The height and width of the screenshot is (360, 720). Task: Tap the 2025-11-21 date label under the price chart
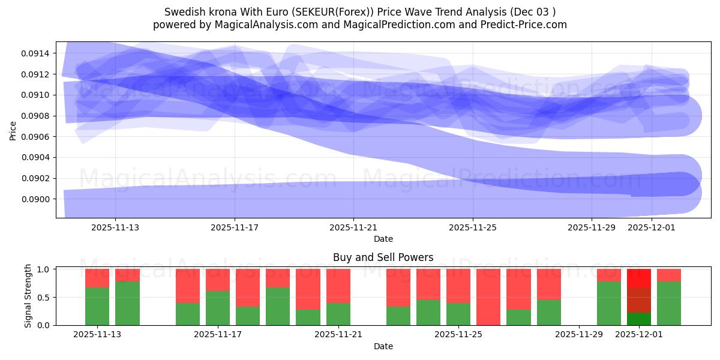pyautogui.click(x=353, y=227)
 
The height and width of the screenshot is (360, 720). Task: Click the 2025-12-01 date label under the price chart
pyautogui.click(x=651, y=227)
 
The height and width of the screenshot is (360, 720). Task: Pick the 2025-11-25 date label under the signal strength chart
pyautogui.click(x=458, y=335)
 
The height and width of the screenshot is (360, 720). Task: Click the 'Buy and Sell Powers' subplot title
pyautogui.click(x=383, y=257)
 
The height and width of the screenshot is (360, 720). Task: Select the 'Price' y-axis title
pyautogui.click(x=13, y=130)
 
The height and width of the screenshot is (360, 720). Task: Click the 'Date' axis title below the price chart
pyautogui.click(x=383, y=239)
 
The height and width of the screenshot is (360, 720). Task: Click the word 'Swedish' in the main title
pyautogui.click(x=182, y=12)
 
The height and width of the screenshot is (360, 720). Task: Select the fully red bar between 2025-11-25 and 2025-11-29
pyautogui.click(x=488, y=297)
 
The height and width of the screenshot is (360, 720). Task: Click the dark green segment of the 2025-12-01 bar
pyautogui.click(x=639, y=319)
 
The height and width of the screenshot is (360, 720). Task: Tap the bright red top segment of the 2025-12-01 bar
pyautogui.click(x=639, y=278)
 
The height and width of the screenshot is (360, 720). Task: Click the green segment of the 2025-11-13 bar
pyautogui.click(x=97, y=306)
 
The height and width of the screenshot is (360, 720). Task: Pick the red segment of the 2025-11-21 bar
pyautogui.click(x=338, y=286)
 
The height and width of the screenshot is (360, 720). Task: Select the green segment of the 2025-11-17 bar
pyautogui.click(x=218, y=308)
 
